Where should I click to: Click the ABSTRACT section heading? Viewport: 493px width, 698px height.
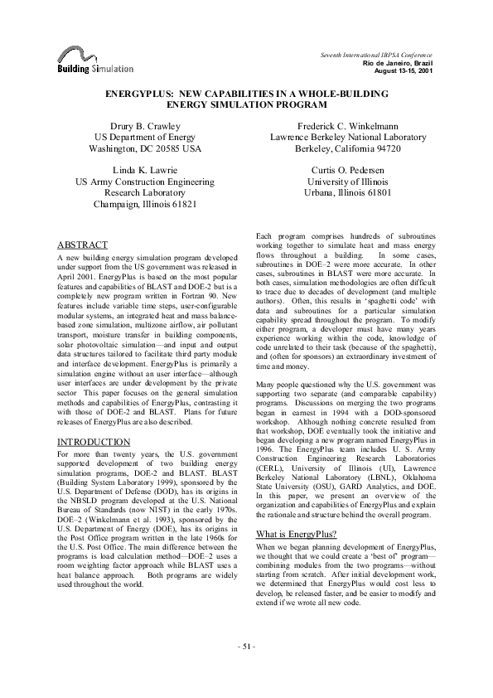pyautogui.click(x=82, y=245)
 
